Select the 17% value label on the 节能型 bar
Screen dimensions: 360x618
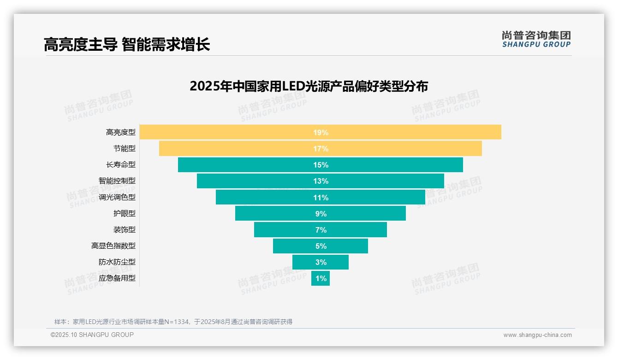pyautogui.click(x=321, y=149)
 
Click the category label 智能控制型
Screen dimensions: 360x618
pyautogui.click(x=117, y=181)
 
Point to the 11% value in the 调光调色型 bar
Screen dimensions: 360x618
pyautogui.click(x=321, y=198)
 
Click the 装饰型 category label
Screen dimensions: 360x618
pyautogui.click(x=125, y=229)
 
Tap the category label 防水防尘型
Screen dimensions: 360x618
pyautogui.click(x=117, y=262)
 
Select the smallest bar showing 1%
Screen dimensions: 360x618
pyautogui.click(x=321, y=278)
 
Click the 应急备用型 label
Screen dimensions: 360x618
pyautogui.click(x=117, y=278)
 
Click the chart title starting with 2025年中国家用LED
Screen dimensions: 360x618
pyautogui.click(x=309, y=86)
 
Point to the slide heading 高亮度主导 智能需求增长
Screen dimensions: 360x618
pyautogui.click(x=127, y=45)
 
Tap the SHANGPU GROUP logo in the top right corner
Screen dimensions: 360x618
pyautogui.click(x=536, y=39)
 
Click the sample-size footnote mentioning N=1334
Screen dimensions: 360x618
pyautogui.click(x=173, y=322)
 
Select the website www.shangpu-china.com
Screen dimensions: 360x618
pyautogui.click(x=537, y=335)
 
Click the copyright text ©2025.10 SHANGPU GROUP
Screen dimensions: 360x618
pyautogui.click(x=92, y=335)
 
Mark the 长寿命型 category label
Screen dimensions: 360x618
pyautogui.click(x=121, y=165)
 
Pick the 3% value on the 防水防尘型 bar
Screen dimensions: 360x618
pyautogui.click(x=321, y=262)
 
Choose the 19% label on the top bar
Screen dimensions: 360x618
pyautogui.click(x=321, y=132)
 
